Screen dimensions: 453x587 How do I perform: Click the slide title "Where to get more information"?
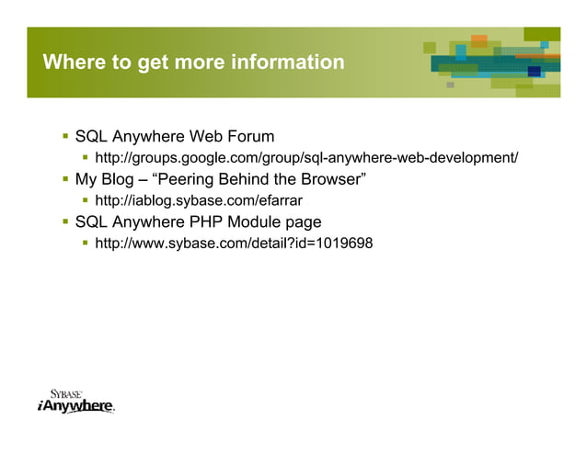[193, 62]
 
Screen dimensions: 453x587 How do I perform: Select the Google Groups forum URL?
[306, 158]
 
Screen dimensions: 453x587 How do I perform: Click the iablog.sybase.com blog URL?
[199, 200]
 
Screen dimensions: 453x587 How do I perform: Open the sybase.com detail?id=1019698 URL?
[234, 243]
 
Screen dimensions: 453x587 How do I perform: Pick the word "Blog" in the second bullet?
[117, 179]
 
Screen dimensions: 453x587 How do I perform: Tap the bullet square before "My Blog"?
[65, 179]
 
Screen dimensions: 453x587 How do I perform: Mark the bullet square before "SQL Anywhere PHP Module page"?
[65, 221]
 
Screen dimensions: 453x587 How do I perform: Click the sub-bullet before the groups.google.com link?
[86, 158]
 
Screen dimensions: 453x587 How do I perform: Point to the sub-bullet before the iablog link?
[86, 200]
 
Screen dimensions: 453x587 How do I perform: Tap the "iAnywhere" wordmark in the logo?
[75, 406]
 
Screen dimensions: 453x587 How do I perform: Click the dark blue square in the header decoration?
[534, 72]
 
